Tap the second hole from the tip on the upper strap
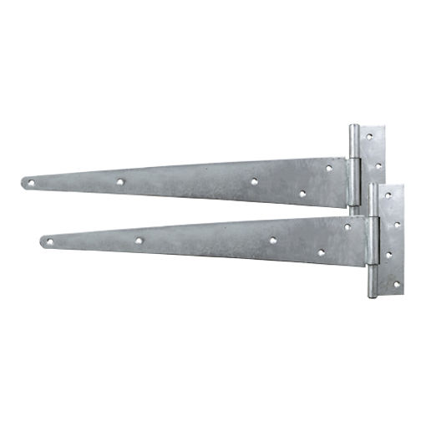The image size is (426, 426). click(120, 180)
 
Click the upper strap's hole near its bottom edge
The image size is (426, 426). click(302, 193)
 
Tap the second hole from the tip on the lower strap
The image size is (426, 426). click(139, 241)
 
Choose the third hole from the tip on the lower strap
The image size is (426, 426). click(273, 240)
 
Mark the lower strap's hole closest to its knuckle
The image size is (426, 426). click(347, 226)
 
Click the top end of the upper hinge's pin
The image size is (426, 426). click(354, 129)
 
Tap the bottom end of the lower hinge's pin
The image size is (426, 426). click(373, 295)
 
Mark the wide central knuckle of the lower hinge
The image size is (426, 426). click(373, 241)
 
